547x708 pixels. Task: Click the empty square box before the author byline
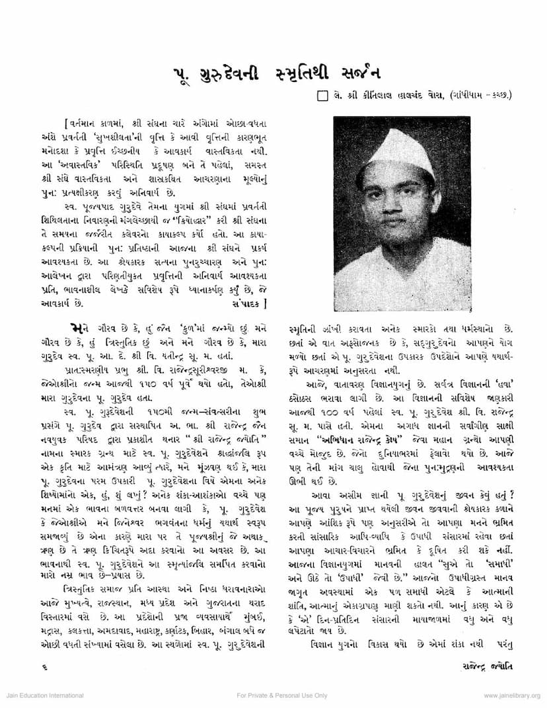pos(322,97)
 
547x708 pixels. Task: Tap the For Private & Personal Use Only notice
pos(282,696)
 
